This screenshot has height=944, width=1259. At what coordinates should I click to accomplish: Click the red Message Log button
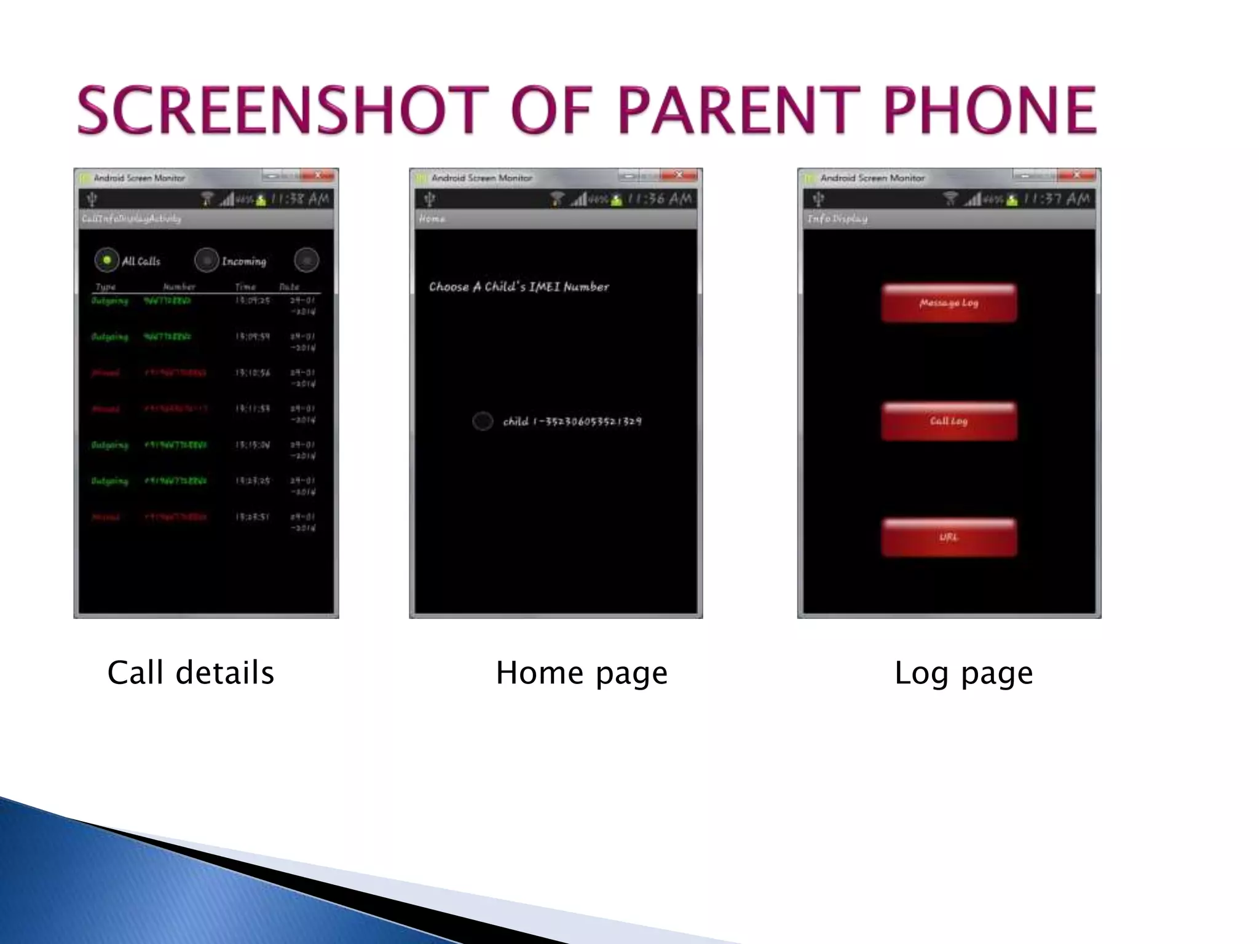tap(949, 303)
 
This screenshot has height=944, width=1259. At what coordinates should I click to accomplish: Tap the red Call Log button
tap(949, 421)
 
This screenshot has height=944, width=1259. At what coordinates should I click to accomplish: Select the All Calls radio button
tap(106, 261)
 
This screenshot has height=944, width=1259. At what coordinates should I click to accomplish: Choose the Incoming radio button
tap(207, 261)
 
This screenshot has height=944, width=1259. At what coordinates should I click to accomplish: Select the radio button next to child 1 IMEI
tap(483, 421)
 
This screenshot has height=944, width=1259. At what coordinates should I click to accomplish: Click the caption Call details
tap(191, 672)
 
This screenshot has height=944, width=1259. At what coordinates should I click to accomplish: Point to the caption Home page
tap(582, 672)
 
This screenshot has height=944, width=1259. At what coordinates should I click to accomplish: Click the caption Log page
tap(963, 672)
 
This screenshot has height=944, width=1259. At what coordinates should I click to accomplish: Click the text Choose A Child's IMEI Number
tap(519, 287)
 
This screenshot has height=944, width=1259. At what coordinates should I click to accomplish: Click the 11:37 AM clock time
tap(1056, 199)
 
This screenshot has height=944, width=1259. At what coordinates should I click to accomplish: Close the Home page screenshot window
tap(679, 176)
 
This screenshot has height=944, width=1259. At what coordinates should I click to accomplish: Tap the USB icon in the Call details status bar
tap(93, 199)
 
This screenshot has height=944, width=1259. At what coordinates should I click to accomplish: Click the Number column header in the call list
tap(179, 287)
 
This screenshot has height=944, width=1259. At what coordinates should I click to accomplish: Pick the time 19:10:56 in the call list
tap(252, 373)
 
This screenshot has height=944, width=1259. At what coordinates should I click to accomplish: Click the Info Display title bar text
tap(837, 219)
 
